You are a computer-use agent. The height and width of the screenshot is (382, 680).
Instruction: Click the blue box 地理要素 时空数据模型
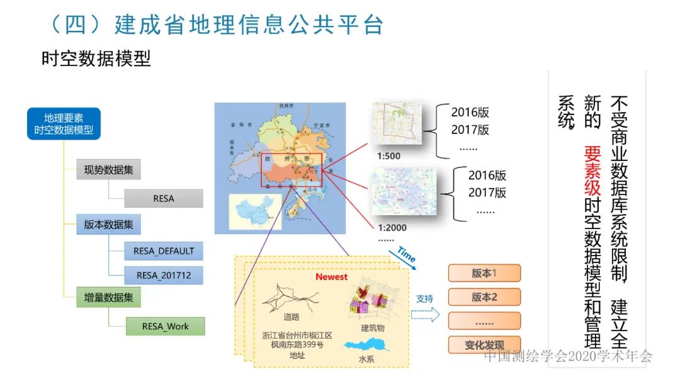(64, 124)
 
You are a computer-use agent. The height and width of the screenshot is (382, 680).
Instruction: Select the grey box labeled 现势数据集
(108, 170)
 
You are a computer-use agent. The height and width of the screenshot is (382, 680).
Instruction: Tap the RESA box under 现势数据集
(164, 198)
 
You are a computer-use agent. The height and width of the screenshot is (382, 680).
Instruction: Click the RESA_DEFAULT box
(164, 250)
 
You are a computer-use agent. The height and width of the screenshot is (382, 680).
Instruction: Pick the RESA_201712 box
(164, 275)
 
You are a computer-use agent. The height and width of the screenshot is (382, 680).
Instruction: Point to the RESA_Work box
(165, 326)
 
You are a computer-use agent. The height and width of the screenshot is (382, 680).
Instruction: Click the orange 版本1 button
(484, 273)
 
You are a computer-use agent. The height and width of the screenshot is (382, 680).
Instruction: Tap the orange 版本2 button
(484, 297)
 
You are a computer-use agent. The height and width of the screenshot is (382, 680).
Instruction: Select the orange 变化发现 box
(484, 345)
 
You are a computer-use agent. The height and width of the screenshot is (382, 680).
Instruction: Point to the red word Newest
(331, 277)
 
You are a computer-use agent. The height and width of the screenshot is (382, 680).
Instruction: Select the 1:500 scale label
(388, 156)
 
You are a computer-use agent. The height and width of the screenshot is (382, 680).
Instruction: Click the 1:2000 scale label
(392, 228)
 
